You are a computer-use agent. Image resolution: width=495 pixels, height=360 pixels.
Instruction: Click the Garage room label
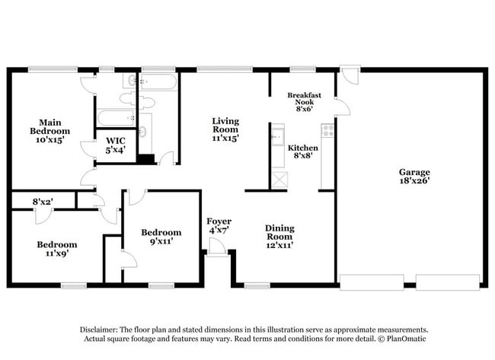point(412,177)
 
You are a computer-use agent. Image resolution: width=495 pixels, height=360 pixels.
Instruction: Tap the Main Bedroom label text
point(50,130)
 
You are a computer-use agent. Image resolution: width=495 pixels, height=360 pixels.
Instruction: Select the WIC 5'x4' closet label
point(116,145)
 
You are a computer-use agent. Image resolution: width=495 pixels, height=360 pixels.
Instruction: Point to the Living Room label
point(225,130)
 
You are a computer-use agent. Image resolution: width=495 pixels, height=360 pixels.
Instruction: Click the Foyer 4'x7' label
point(219,225)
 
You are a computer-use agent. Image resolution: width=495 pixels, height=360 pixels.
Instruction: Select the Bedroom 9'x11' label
point(161,237)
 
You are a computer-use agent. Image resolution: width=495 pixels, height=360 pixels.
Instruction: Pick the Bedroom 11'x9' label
point(57,250)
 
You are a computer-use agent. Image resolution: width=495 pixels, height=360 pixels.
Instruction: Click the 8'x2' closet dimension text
point(43,202)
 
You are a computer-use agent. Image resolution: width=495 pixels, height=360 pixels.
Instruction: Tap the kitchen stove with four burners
point(327,130)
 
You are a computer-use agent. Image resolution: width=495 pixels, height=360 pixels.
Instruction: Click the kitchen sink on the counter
point(277,139)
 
